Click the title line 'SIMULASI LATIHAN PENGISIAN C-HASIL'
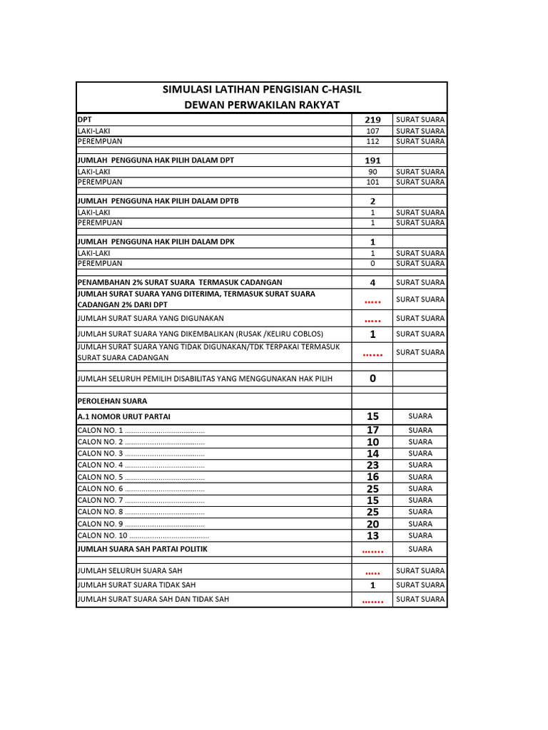tap(262, 89)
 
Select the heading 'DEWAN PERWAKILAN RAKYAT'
tap(262, 105)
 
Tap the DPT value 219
tap(372, 120)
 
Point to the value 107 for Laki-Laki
tap(372, 131)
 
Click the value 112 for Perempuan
tap(372, 141)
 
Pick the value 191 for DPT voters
tap(372, 160)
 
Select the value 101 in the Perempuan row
tap(372, 182)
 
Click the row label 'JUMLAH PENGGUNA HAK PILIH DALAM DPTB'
tap(158, 201)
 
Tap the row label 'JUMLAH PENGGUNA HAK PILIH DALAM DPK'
tap(156, 242)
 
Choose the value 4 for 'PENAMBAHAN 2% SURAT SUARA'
tap(372, 282)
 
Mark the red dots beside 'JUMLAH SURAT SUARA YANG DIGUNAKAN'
tap(372, 319)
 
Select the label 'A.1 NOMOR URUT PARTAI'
tap(123, 416)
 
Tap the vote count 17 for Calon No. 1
tap(372, 430)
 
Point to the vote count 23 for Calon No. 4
tap(372, 465)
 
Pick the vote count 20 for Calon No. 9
tap(372, 524)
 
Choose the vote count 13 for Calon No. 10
tap(372, 535)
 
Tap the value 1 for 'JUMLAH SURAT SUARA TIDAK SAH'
tap(372, 585)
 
